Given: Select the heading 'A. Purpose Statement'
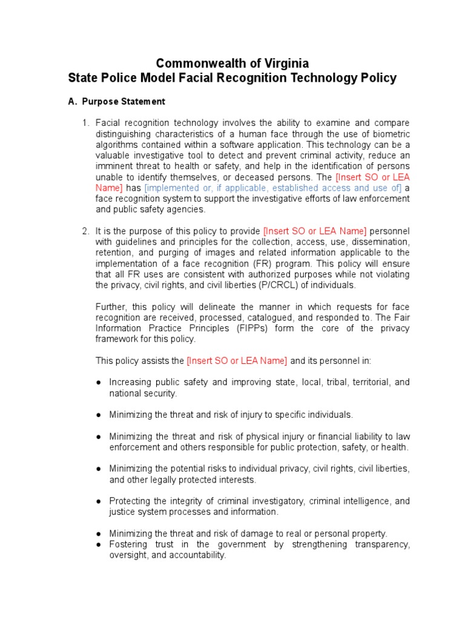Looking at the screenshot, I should point(116,101).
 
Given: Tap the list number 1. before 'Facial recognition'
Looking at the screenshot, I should point(85,123).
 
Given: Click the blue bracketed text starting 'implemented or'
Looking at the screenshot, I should point(273,188).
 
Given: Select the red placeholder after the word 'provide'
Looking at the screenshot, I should point(315,231).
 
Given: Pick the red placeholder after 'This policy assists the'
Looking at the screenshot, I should point(237,360).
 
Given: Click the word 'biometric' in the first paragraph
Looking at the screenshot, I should point(390,134).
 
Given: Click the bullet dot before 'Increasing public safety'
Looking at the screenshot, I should point(99,383).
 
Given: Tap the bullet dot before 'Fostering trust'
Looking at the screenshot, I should point(99,545).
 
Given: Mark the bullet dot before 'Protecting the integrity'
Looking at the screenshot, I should point(99,501).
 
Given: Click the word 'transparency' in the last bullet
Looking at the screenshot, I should point(380,544).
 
